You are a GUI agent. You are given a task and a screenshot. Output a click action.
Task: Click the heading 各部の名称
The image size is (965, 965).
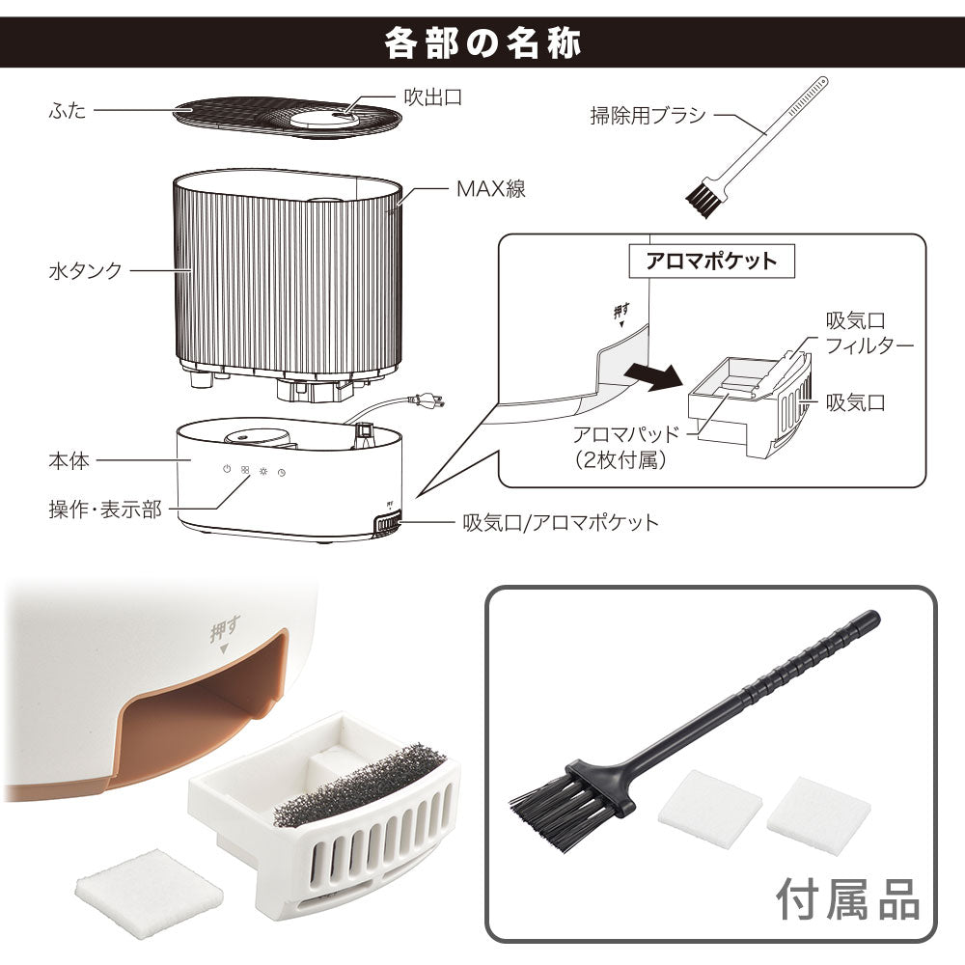coord(482,43)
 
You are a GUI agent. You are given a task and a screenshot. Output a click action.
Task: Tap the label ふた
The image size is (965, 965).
coord(67,111)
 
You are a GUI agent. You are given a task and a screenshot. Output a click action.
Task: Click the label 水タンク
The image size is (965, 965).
coord(85,271)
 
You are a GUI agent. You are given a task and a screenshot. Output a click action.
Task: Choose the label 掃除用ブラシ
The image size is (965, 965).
coord(648,116)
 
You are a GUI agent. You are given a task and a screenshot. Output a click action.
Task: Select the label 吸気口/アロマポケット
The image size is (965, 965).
coord(560,523)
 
